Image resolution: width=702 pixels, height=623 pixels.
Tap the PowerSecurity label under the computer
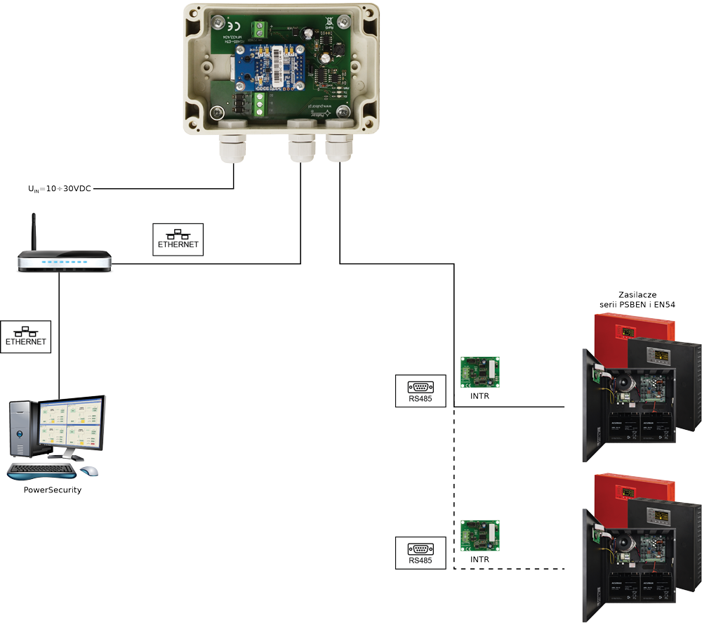pos(53,490)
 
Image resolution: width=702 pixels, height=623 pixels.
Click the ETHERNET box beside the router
pos(178,240)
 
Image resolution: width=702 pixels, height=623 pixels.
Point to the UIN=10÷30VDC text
pos(60,189)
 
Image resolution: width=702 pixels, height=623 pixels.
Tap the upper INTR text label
pos(480,396)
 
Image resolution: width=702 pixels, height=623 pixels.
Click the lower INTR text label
pos(480,560)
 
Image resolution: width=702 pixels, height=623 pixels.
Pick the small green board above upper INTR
pos(479,372)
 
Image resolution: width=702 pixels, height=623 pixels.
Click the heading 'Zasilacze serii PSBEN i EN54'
pos(637,300)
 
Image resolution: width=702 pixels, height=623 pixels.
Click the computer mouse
pos(89,471)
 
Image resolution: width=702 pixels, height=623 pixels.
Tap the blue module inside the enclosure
pos(270,67)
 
